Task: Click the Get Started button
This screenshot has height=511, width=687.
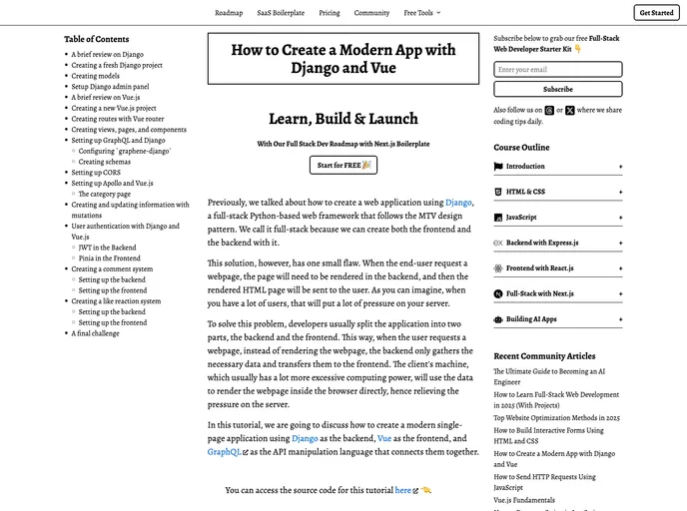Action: pyautogui.click(x=656, y=13)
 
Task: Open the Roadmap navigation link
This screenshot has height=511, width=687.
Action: pyautogui.click(x=229, y=13)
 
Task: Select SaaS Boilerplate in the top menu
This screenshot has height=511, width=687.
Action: pyautogui.click(x=281, y=13)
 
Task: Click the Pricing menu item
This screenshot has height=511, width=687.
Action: pyautogui.click(x=330, y=13)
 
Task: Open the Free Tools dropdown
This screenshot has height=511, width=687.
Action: pyautogui.click(x=421, y=13)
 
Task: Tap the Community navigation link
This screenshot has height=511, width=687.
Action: pyautogui.click(x=371, y=13)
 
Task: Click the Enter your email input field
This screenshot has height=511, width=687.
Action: pyautogui.click(x=557, y=70)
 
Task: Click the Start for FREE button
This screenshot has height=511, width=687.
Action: pyautogui.click(x=343, y=165)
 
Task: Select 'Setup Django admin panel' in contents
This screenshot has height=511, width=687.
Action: pyautogui.click(x=110, y=87)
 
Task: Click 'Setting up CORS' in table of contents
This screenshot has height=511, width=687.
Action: pyautogui.click(x=97, y=173)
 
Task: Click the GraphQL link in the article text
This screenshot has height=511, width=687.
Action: pyautogui.click(x=225, y=452)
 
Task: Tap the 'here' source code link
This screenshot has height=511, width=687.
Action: pyautogui.click(x=403, y=490)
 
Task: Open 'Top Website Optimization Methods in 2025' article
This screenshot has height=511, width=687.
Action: pyautogui.click(x=556, y=418)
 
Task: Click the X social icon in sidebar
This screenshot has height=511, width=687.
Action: pyautogui.click(x=569, y=111)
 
